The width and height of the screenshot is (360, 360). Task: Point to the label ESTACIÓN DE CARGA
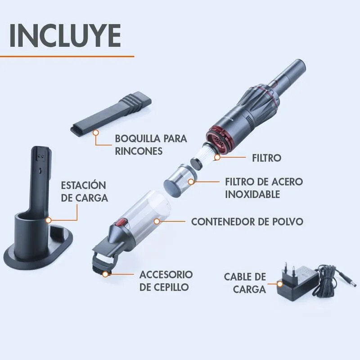click(84, 191)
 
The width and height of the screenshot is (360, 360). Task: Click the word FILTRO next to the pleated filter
click(265, 158)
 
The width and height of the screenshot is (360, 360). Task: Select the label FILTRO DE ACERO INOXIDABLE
click(264, 188)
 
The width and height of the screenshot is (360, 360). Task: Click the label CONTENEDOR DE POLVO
click(247, 221)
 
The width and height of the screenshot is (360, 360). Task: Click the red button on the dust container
click(121, 222)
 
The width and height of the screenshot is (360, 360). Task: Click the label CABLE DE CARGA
click(245, 283)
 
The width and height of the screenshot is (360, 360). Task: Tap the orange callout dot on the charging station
click(48, 220)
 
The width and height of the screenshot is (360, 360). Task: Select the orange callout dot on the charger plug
click(280, 284)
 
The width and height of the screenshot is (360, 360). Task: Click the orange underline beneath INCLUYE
click(67, 56)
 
